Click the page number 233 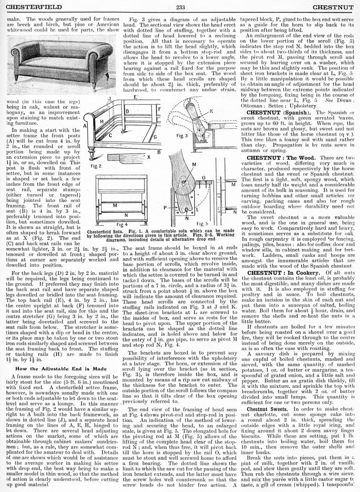(180, 7)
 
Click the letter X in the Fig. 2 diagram (148, 157)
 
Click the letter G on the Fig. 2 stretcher (155, 137)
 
